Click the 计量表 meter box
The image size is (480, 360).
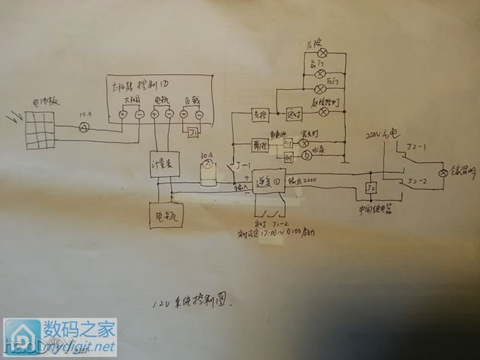(x=163, y=164)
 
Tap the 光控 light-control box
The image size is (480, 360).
(x=259, y=114)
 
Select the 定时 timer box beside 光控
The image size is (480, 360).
(x=295, y=113)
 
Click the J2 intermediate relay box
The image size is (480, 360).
(x=370, y=189)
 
